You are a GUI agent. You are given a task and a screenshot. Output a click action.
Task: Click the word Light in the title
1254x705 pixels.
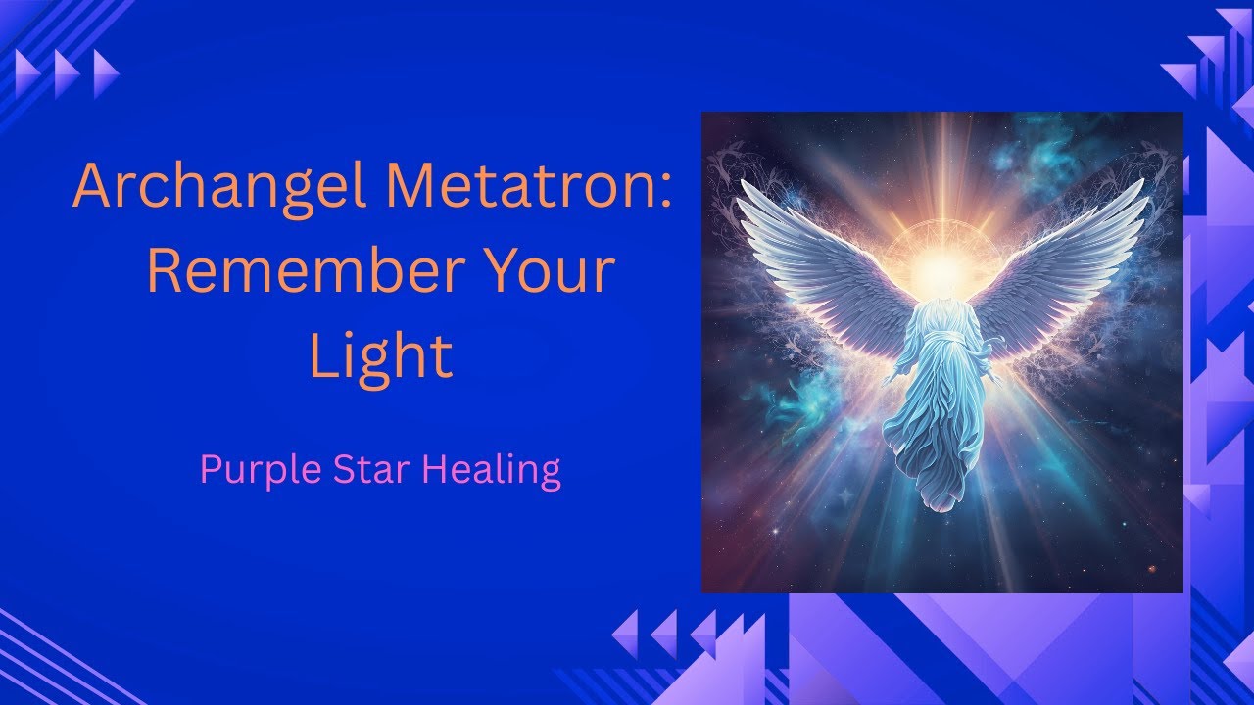[380, 357]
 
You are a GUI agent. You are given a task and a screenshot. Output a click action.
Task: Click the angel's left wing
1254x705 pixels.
[823, 264]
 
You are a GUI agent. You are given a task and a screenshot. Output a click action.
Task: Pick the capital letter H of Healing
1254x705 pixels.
[434, 469]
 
